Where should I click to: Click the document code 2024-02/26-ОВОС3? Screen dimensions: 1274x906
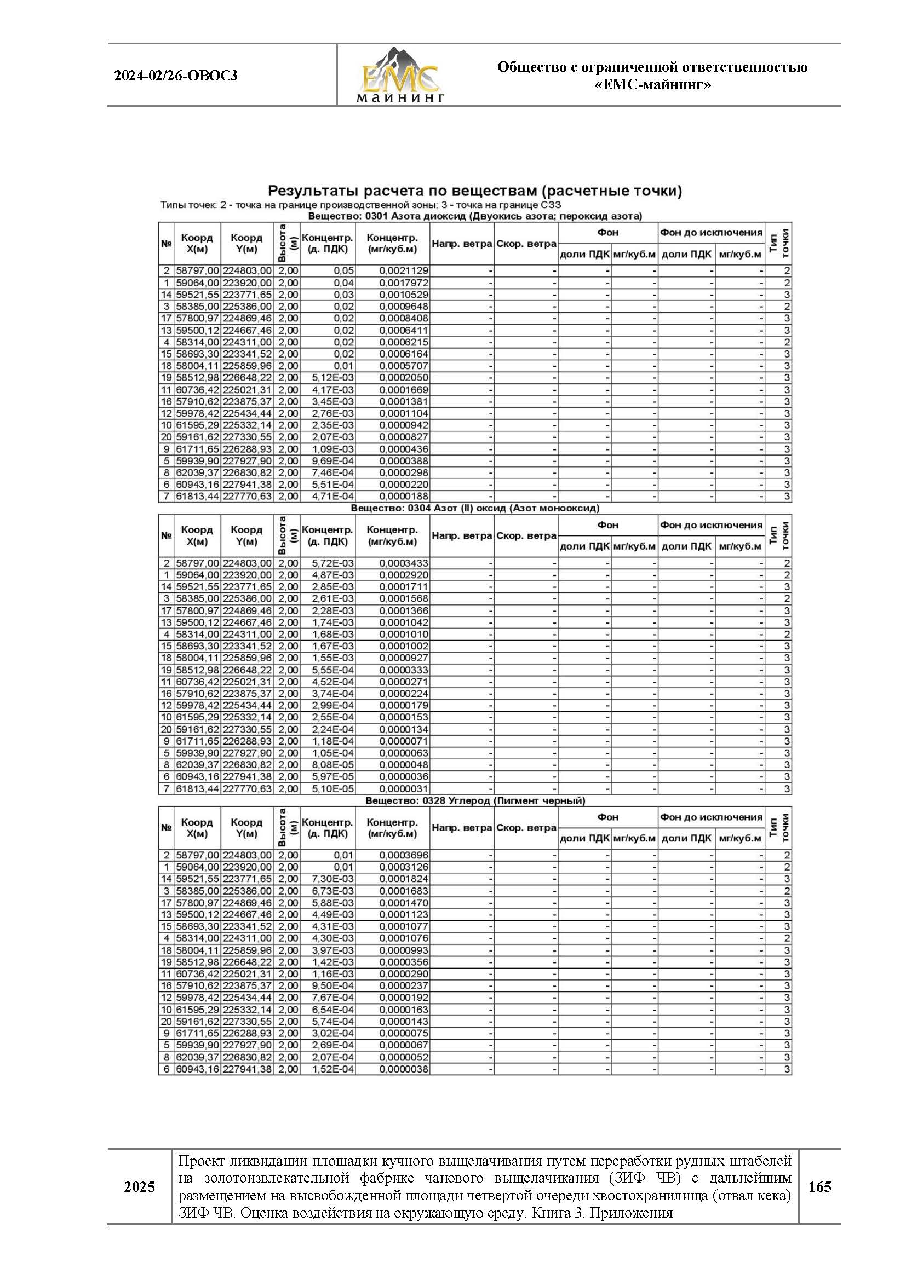tap(176, 76)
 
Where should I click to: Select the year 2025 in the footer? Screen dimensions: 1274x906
tap(140, 1187)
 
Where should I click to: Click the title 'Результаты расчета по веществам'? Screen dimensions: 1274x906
tap(474, 191)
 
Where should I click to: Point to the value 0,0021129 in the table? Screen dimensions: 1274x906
tap(404, 271)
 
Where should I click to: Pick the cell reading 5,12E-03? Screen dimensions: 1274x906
tap(332, 377)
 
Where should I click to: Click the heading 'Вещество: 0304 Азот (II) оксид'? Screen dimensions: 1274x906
tap(475, 509)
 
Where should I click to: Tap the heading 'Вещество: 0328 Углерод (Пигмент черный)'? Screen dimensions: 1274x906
tap(475, 800)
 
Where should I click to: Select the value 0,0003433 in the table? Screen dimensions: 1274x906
tap(404, 563)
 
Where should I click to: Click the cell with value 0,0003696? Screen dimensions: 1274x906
tap(404, 855)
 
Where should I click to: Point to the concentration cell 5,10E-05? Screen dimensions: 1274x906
tap(332, 789)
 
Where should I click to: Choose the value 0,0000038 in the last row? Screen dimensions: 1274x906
tap(404, 1069)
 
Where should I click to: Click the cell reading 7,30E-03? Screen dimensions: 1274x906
tap(332, 879)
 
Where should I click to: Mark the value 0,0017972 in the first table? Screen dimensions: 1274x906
tap(404, 283)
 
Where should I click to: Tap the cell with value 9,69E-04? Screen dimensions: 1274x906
tap(332, 461)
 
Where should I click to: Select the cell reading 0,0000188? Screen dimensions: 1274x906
tap(404, 496)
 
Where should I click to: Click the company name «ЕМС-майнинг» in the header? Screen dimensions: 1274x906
tap(652, 85)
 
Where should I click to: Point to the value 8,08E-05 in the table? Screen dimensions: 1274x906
tap(332, 765)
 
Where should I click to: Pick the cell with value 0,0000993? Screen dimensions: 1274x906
tap(404, 950)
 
